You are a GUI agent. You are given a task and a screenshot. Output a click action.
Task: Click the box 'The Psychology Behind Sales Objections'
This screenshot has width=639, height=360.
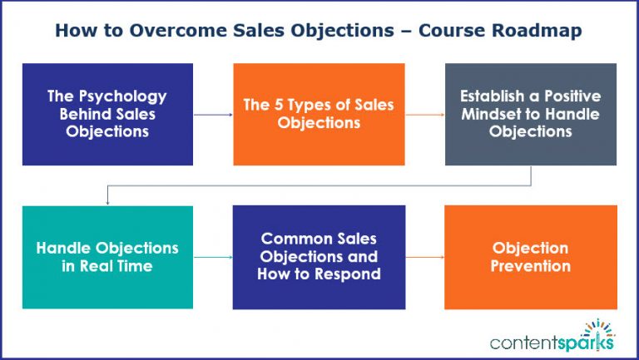(107, 114)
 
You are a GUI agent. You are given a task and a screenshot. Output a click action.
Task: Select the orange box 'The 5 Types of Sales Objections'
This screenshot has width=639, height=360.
(319, 114)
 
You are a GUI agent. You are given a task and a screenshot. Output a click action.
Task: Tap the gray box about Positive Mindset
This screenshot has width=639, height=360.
(531, 114)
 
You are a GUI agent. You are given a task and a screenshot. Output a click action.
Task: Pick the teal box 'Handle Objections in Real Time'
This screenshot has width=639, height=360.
(107, 257)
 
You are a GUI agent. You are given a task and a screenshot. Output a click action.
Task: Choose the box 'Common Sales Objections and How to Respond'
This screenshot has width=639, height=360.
(319, 257)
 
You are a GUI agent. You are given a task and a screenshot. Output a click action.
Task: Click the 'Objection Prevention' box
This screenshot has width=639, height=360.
(531, 257)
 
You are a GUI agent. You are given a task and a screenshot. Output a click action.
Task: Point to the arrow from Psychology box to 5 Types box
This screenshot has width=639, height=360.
(213, 116)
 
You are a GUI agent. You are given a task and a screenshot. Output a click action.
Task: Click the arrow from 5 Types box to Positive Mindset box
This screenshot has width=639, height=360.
(424, 116)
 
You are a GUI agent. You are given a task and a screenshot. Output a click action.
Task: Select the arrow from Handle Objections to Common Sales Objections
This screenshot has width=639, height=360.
(213, 258)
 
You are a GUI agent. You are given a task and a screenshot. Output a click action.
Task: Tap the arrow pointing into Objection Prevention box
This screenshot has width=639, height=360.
(424, 258)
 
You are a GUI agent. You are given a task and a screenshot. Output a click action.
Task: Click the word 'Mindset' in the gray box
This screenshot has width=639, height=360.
(498, 115)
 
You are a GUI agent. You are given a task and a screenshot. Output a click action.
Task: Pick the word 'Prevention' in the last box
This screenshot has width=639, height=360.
(531, 266)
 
